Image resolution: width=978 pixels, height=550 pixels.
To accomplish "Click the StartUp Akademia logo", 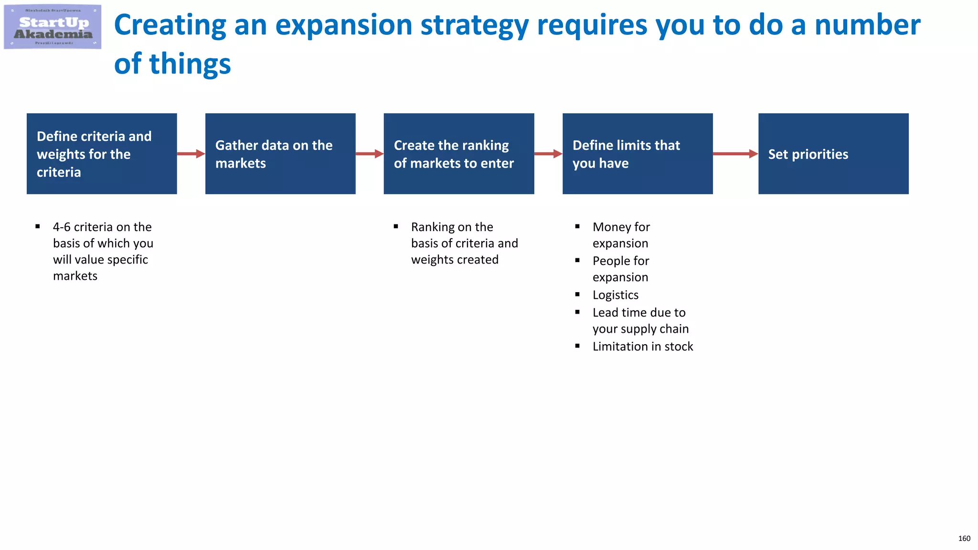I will coord(53,27).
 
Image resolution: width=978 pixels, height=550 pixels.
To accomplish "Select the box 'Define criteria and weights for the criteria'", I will coord(102,154).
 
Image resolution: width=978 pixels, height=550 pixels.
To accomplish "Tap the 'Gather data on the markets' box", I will coord(280,154).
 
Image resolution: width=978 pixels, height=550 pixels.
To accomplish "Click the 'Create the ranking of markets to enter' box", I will coord(459,154).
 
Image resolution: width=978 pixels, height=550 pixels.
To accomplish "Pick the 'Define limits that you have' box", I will coord(638,154).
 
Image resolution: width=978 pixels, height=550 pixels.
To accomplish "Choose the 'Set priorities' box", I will coord(833,154).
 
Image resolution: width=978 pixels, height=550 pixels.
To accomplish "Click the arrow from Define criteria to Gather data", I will coord(191,154).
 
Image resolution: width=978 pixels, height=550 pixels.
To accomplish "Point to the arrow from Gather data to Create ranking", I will coord(370,154).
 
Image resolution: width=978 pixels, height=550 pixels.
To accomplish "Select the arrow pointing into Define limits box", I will coord(548,154).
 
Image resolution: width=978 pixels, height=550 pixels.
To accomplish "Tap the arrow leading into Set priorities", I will coord(735,154).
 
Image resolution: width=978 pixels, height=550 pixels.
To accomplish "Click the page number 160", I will coord(964,539).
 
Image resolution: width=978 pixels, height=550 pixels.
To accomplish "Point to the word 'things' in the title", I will coord(190,64).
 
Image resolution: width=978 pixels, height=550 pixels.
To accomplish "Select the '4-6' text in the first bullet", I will coord(62,227).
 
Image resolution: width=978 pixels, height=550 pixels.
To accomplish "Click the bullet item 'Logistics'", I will coord(615,295).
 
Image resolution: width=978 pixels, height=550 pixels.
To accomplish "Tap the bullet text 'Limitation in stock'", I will coord(643,347).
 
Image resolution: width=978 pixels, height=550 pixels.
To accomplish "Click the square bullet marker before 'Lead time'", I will coord(577,312).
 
